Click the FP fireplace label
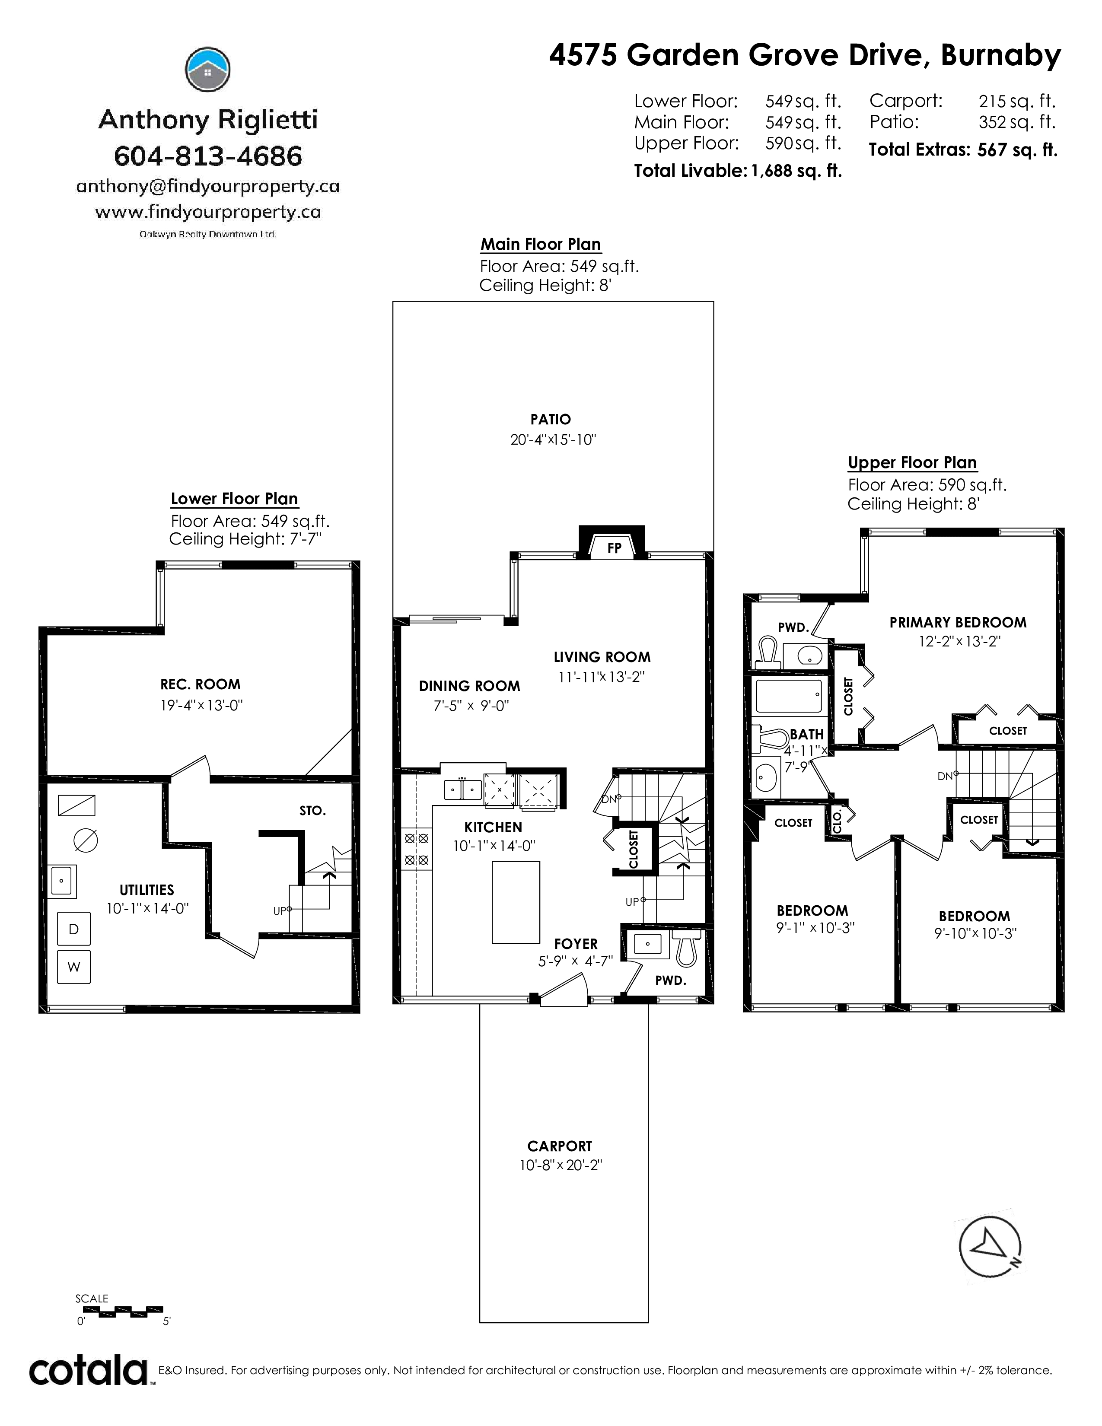(614, 548)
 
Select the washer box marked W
(74, 967)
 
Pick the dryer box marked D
(74, 929)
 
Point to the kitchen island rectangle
(516, 902)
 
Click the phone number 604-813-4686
(208, 156)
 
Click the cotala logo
(89, 1371)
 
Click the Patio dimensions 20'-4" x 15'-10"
(554, 439)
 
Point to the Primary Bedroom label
(958, 622)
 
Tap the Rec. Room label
(201, 684)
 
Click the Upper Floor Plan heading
(912, 462)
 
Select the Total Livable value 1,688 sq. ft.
(796, 171)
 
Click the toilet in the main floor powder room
(685, 948)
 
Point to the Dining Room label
(469, 686)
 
